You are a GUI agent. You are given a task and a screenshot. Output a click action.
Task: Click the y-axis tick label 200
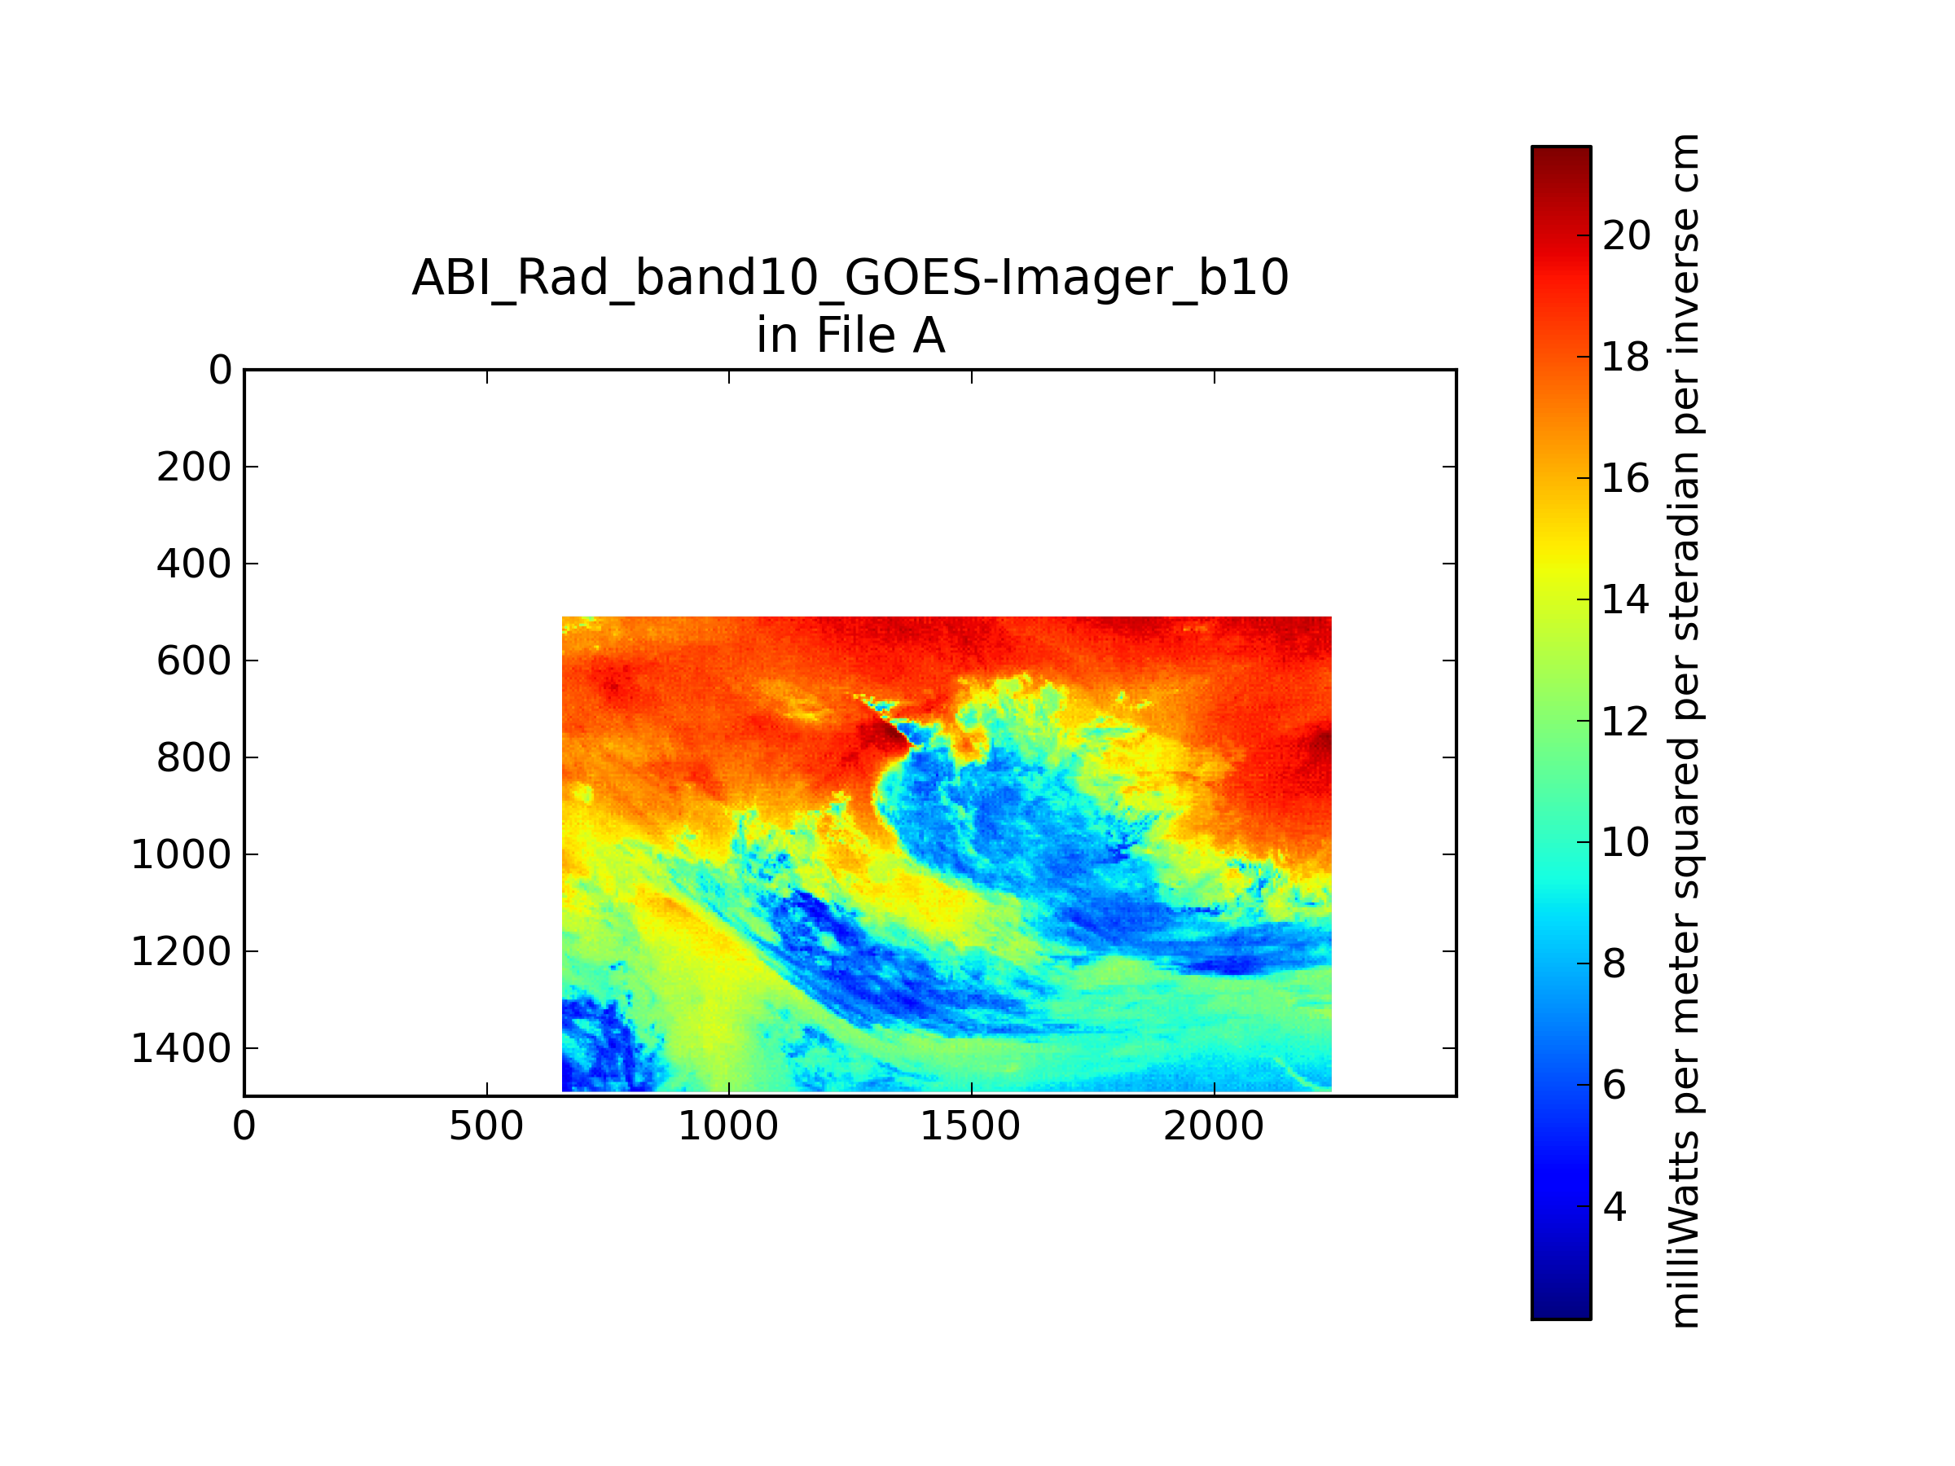tap(194, 467)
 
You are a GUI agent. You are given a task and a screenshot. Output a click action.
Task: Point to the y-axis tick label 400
tap(194, 564)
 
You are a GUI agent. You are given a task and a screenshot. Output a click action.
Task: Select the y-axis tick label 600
tap(194, 661)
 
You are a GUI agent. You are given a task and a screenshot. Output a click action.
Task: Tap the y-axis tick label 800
tap(194, 757)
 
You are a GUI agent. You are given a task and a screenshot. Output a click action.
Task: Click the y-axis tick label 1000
tap(181, 854)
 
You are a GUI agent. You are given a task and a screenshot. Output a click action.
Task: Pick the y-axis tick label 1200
tap(181, 952)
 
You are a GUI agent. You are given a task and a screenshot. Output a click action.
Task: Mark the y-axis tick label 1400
tap(181, 1049)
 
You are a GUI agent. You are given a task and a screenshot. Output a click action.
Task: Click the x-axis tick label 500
tap(486, 1126)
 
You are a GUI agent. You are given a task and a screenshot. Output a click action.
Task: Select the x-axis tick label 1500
tap(970, 1126)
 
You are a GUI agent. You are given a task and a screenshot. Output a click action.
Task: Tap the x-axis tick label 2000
tap(1214, 1126)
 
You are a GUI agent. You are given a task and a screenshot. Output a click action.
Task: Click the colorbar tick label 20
tap(1626, 236)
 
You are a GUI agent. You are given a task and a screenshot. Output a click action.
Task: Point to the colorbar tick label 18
tap(1626, 357)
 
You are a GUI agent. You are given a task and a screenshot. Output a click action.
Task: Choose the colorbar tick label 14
tap(1626, 600)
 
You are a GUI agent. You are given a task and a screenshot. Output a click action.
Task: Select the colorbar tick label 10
tap(1626, 843)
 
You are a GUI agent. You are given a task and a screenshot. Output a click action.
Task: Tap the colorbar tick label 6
tap(1615, 1085)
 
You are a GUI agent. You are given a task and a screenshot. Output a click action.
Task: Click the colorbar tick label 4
tap(1615, 1207)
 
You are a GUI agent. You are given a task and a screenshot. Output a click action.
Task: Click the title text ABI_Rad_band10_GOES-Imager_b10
tap(850, 279)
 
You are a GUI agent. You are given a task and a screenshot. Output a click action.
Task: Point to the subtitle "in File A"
tap(850, 336)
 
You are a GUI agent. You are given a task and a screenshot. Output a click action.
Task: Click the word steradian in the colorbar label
tap(1685, 541)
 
